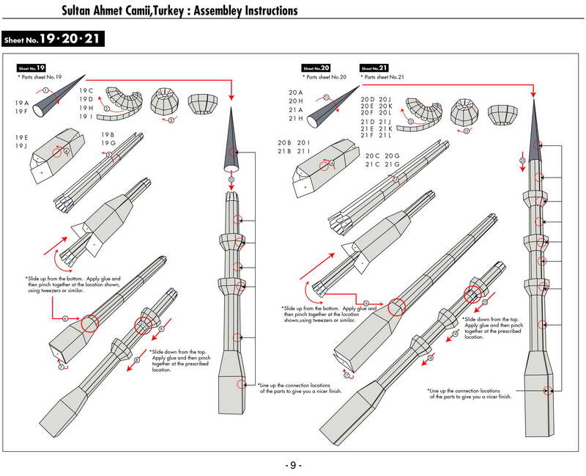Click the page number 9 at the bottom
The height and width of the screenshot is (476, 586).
[x=292, y=465]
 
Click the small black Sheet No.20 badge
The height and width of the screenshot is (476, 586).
[x=316, y=68]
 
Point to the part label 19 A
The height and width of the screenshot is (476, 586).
[x=21, y=103]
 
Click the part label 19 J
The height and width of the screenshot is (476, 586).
[x=21, y=147]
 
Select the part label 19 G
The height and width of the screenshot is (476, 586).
[x=108, y=144]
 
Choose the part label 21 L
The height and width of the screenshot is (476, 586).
[x=386, y=135]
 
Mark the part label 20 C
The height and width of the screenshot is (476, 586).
[x=373, y=155]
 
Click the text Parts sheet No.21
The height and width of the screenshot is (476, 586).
[x=384, y=77]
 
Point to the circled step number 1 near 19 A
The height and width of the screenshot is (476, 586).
[x=45, y=89]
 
